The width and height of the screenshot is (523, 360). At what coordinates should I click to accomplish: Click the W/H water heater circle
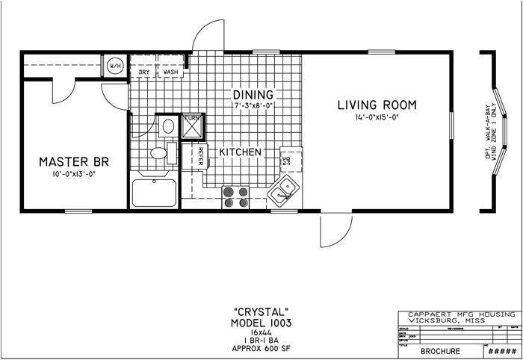[116, 66]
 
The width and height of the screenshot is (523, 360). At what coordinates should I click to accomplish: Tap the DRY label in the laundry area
[144, 72]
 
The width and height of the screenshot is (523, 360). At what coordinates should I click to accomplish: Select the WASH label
[170, 72]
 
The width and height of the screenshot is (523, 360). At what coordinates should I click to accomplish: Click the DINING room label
[253, 95]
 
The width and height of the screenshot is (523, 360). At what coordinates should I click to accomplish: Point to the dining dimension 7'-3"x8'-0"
[253, 107]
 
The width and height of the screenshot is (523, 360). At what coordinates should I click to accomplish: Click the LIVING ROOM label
[377, 105]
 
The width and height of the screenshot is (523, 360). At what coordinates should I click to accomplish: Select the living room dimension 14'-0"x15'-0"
[377, 117]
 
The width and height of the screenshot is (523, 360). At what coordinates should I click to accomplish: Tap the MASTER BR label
[73, 161]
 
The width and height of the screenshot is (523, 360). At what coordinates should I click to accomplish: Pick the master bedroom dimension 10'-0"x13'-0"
[73, 174]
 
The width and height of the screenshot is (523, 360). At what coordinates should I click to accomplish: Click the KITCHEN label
[240, 152]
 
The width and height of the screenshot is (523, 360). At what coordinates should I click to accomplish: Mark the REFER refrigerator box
[202, 157]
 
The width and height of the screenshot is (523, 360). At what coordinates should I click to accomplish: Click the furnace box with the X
[193, 126]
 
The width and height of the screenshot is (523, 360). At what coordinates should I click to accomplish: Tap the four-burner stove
[236, 196]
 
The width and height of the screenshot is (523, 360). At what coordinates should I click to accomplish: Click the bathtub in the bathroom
[154, 193]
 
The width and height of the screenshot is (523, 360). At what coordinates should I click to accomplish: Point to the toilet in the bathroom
[160, 153]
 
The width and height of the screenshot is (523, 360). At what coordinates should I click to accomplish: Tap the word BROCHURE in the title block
[441, 350]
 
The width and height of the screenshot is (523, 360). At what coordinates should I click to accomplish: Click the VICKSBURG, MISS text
[456, 320]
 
